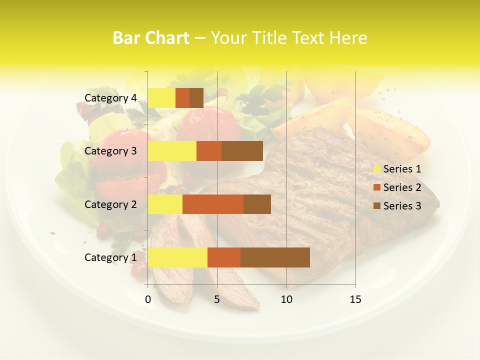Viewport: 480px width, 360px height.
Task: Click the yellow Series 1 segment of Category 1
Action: point(177,257)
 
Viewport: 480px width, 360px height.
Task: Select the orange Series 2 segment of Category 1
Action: point(224,257)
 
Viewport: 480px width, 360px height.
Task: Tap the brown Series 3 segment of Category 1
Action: point(275,257)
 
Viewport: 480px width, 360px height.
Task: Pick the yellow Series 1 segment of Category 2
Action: point(165,204)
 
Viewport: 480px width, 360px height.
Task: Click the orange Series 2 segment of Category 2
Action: point(213,204)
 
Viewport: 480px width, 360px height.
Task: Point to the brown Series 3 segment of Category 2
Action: point(257,204)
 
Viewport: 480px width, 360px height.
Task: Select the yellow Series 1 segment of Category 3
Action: point(172,151)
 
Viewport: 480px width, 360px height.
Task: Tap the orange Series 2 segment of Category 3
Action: point(209,151)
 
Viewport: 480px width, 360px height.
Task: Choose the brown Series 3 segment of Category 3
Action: point(242,151)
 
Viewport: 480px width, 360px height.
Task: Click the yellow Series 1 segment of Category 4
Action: point(161,98)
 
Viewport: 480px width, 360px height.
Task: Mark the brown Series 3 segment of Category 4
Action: point(196,98)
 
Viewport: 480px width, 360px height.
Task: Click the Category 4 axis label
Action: point(110,98)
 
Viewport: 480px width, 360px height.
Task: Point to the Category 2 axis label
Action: point(110,204)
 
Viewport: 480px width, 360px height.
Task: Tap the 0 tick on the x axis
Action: point(148,299)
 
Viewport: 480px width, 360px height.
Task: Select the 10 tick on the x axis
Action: point(286,299)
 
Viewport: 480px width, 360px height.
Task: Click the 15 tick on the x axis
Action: point(355,299)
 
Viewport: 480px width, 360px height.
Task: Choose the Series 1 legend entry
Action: point(397,169)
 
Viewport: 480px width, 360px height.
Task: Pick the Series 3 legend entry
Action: point(397,206)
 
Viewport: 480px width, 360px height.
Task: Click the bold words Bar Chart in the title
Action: point(151,38)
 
